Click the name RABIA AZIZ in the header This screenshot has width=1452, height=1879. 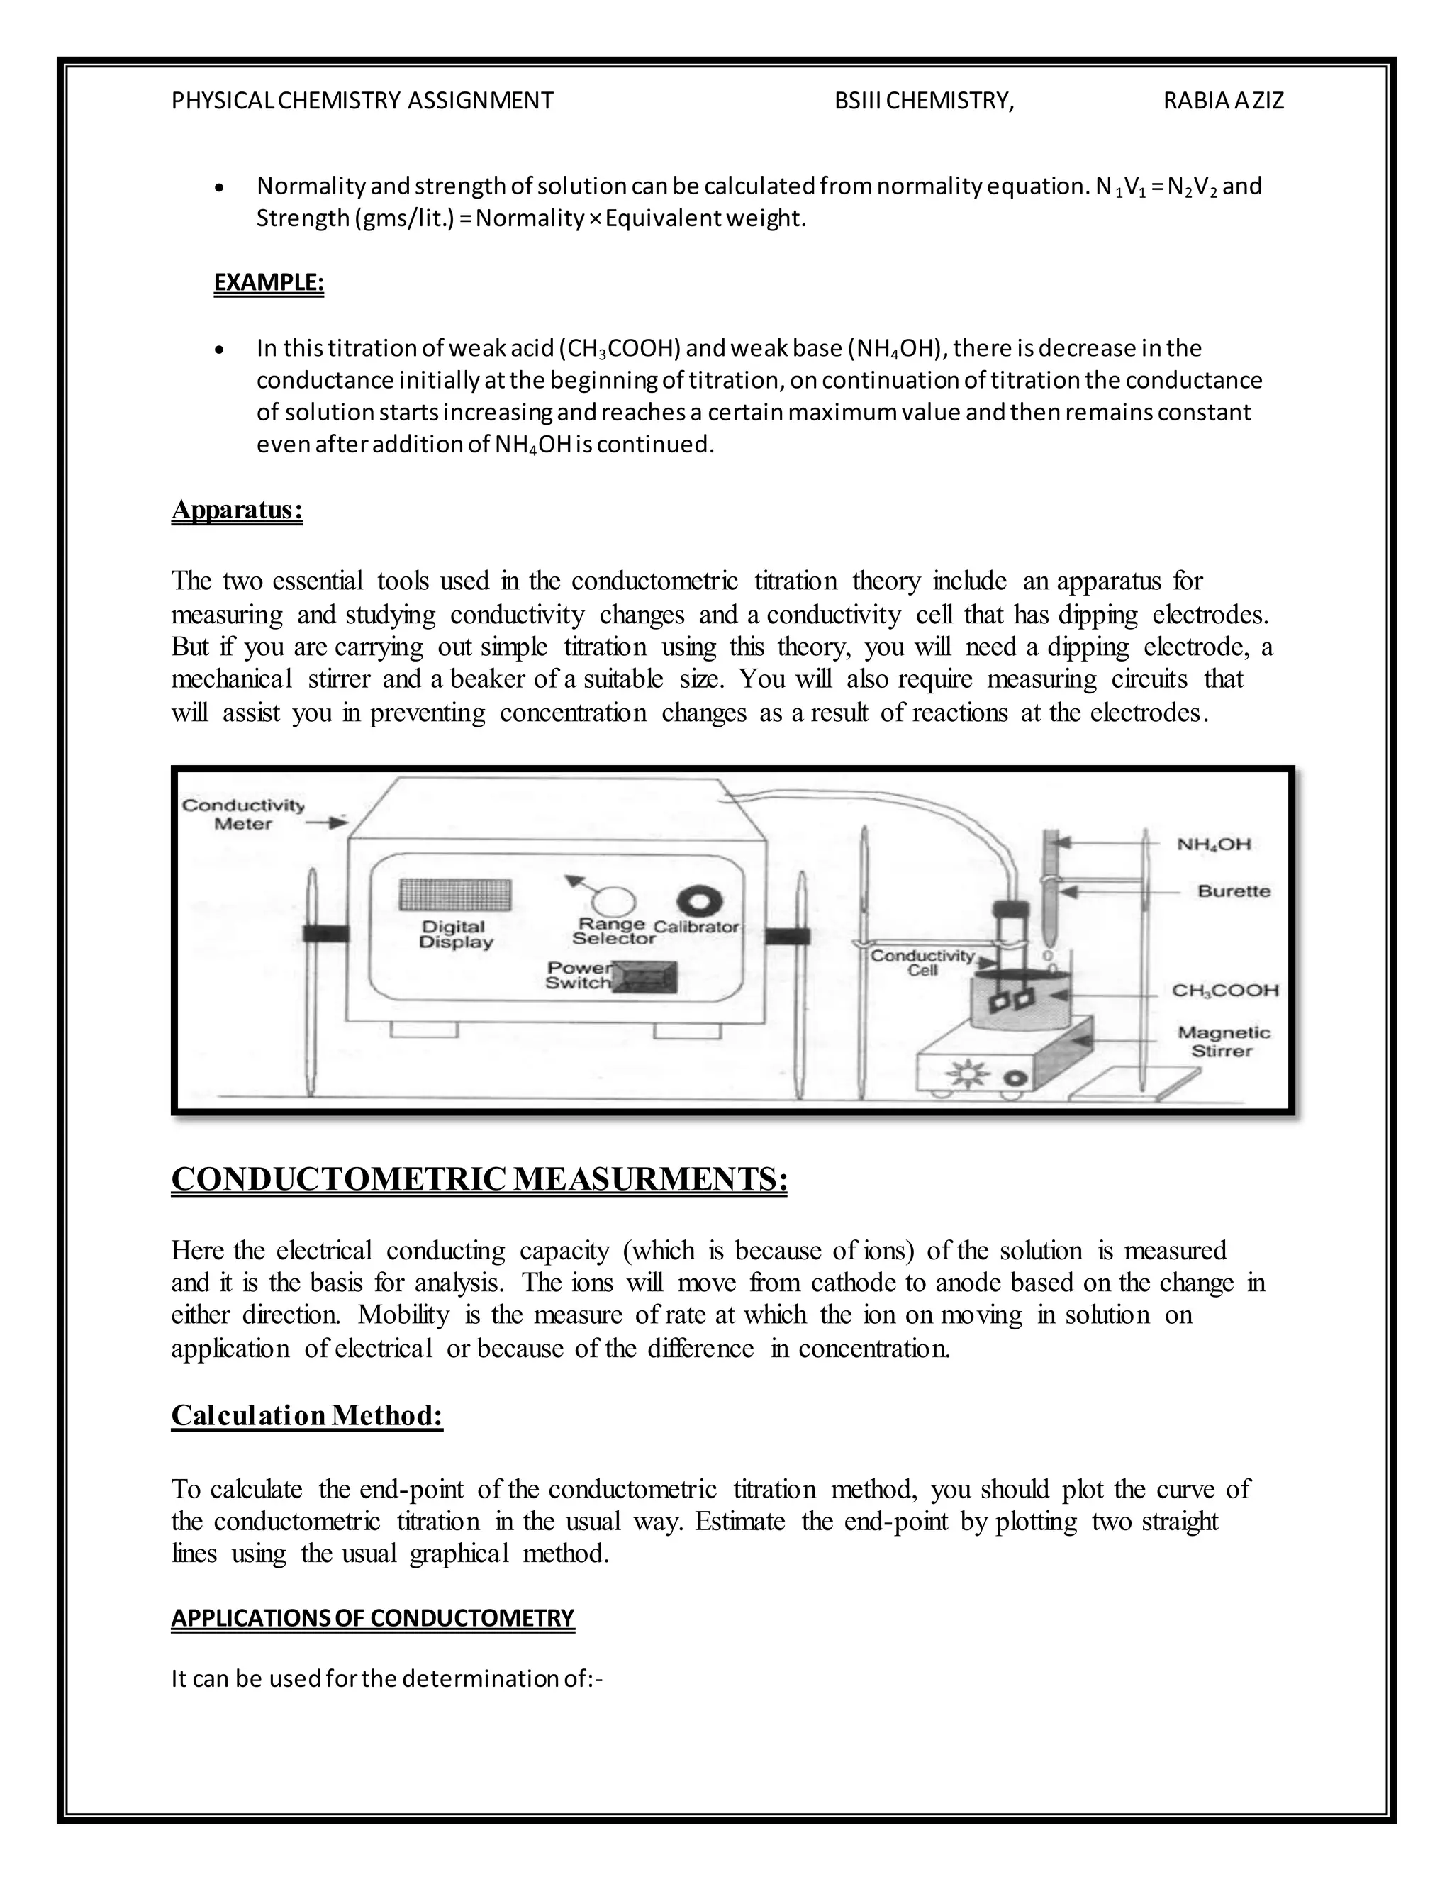click(x=1222, y=101)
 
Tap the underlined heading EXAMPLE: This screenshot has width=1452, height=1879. click(x=269, y=282)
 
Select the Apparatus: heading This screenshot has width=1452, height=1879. click(x=237, y=511)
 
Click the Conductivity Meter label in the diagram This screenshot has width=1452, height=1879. click(x=242, y=814)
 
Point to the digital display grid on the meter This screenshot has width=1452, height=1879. click(x=455, y=895)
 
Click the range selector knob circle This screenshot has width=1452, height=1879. click(x=616, y=902)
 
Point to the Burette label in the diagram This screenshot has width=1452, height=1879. click(x=1234, y=891)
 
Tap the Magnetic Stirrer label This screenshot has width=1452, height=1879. click(x=1223, y=1041)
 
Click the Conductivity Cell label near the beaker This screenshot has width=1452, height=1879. click(x=922, y=963)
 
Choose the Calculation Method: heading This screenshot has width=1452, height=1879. click(x=307, y=1415)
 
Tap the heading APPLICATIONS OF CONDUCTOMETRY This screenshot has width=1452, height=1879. click(x=372, y=1618)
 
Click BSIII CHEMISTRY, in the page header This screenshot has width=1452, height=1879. click(x=924, y=101)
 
